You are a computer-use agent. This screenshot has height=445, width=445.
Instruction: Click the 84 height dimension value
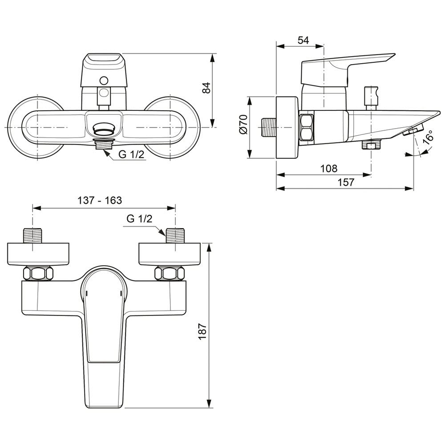tap(206, 88)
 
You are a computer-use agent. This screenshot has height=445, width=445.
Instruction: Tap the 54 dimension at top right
tap(303, 40)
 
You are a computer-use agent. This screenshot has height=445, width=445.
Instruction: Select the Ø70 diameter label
tap(244, 124)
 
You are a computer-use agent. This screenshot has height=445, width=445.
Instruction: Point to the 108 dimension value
tap(329, 169)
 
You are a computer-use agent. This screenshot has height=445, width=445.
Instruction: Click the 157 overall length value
tap(346, 182)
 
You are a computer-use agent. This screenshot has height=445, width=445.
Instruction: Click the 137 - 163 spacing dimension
tap(100, 200)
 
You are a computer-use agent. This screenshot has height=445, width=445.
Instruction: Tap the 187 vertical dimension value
tap(202, 331)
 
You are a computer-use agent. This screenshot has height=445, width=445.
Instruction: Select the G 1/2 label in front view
tap(131, 154)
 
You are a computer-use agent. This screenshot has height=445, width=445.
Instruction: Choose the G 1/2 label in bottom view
tap(139, 218)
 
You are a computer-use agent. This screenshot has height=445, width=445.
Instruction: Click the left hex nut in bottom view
tap(38, 274)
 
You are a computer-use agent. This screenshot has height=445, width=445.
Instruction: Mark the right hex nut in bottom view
tap(170, 274)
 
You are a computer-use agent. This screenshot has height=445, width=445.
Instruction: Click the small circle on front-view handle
tap(104, 81)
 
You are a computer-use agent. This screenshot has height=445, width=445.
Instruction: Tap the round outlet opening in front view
tap(104, 129)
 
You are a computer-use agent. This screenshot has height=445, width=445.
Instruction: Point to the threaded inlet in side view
tap(268, 127)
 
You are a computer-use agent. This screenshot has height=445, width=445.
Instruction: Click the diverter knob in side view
tap(371, 98)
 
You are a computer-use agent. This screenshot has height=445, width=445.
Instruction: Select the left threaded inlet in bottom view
tap(33, 235)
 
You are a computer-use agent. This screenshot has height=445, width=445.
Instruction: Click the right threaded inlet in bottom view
tap(175, 235)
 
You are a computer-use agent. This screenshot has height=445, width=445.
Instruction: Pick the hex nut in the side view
tap(307, 127)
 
